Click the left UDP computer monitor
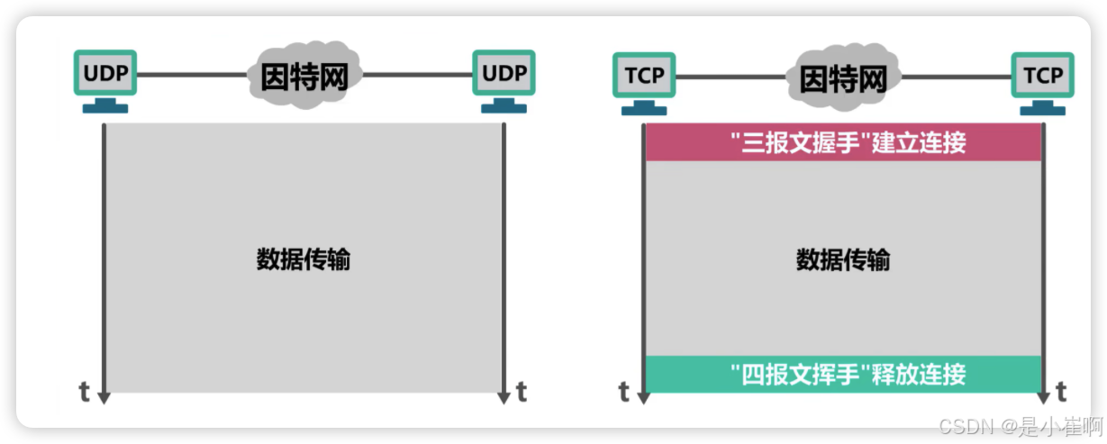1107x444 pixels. coord(104,74)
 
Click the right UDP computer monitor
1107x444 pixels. coord(504,74)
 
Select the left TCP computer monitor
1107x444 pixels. coord(644,76)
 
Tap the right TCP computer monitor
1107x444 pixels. coord(1042,76)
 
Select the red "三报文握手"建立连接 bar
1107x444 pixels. coord(843,142)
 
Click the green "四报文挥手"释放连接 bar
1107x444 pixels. coord(843,374)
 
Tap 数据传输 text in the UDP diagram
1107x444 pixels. coord(304,260)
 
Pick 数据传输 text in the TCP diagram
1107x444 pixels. coord(843,260)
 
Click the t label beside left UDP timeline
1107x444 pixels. coord(84,392)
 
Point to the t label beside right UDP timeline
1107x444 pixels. coord(522,392)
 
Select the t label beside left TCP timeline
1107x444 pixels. coord(623,392)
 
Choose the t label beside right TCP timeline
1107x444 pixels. coord(1061,392)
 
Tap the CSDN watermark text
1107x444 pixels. coord(1020,424)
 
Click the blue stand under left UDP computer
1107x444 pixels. coord(104,106)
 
